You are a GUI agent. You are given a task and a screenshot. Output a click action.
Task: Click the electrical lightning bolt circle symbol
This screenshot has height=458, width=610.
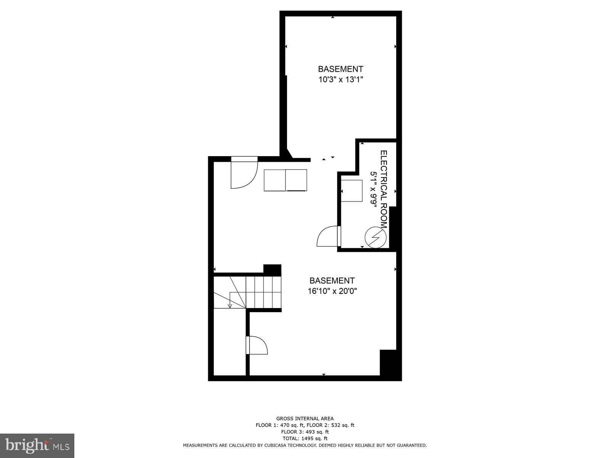(376, 238)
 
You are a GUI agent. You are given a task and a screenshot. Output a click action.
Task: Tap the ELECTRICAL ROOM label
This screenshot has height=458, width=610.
(384, 189)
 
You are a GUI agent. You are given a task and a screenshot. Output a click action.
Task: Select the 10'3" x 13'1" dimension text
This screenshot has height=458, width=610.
(340, 80)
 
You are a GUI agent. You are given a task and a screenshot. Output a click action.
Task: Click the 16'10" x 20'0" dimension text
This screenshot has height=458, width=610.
(332, 291)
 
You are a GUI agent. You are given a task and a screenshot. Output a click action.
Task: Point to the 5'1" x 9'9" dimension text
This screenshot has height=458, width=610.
(374, 189)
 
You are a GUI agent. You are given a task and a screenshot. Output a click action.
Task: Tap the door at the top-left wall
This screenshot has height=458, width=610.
(244, 174)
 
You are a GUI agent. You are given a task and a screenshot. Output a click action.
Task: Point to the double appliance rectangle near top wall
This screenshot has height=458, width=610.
(286, 180)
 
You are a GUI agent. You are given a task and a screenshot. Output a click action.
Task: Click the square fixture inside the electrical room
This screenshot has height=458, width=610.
(352, 190)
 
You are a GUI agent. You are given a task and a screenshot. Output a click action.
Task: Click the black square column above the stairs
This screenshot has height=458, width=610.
(272, 270)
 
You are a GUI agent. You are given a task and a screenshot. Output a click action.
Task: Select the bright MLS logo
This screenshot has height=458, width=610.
(37, 445)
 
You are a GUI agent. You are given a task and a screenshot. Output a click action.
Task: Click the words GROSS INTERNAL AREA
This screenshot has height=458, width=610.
(305, 419)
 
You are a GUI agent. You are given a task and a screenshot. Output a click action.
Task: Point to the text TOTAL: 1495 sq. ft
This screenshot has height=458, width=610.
(305, 439)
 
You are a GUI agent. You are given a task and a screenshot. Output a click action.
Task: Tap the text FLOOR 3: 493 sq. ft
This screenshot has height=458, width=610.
(305, 432)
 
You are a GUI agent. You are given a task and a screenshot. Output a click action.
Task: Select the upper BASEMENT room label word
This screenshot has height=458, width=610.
(340, 69)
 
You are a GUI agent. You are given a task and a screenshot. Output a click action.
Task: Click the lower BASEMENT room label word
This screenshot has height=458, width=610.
(332, 281)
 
